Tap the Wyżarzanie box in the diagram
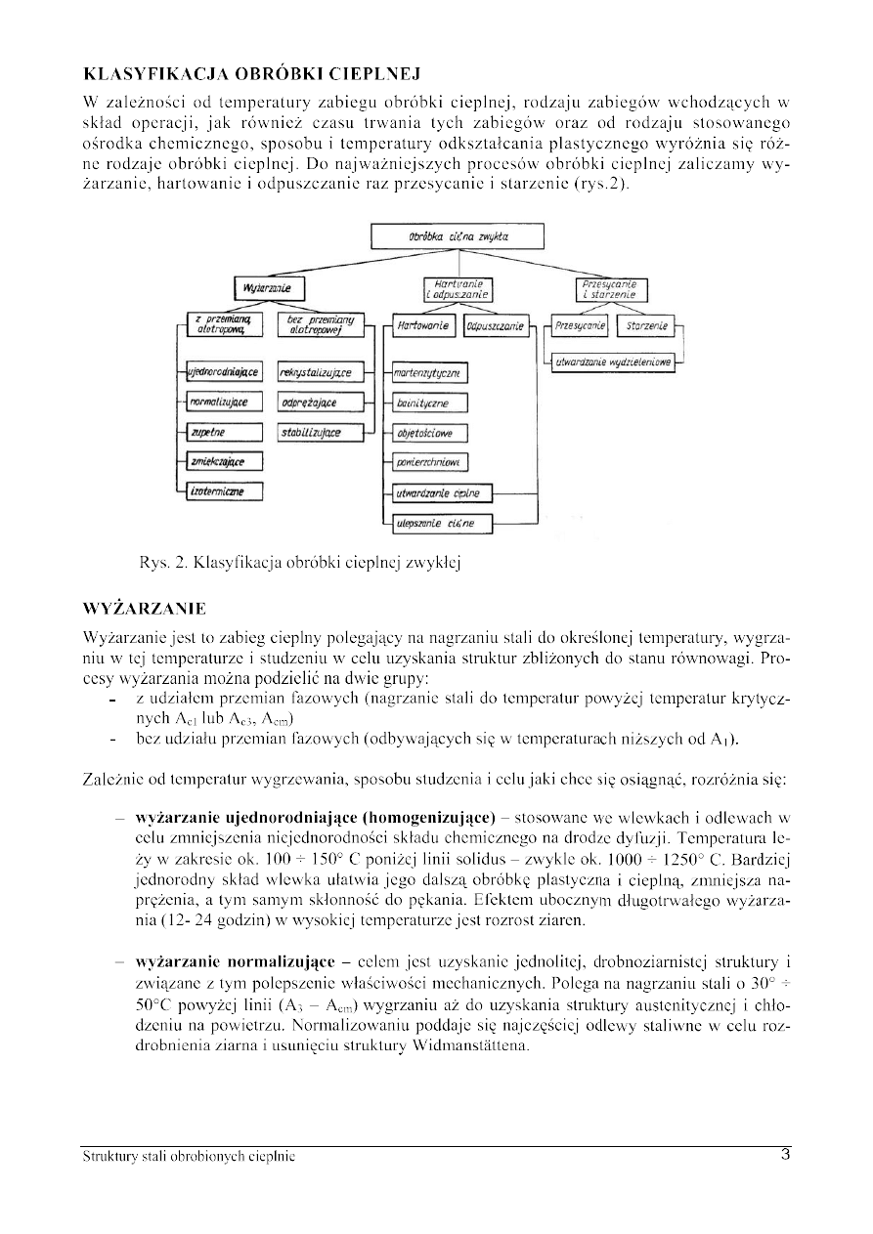pos(268,288)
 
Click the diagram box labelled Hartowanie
pos(422,326)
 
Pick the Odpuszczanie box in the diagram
pos(495,326)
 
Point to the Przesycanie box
pos(580,325)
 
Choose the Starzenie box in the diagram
pos(646,325)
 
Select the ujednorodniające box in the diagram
pos(224,373)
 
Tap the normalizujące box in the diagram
pos(224,403)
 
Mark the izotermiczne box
pos(224,491)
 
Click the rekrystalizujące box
pos(315,373)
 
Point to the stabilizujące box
pos(315,433)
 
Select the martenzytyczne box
pos(428,373)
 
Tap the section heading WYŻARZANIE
pos(145,609)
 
